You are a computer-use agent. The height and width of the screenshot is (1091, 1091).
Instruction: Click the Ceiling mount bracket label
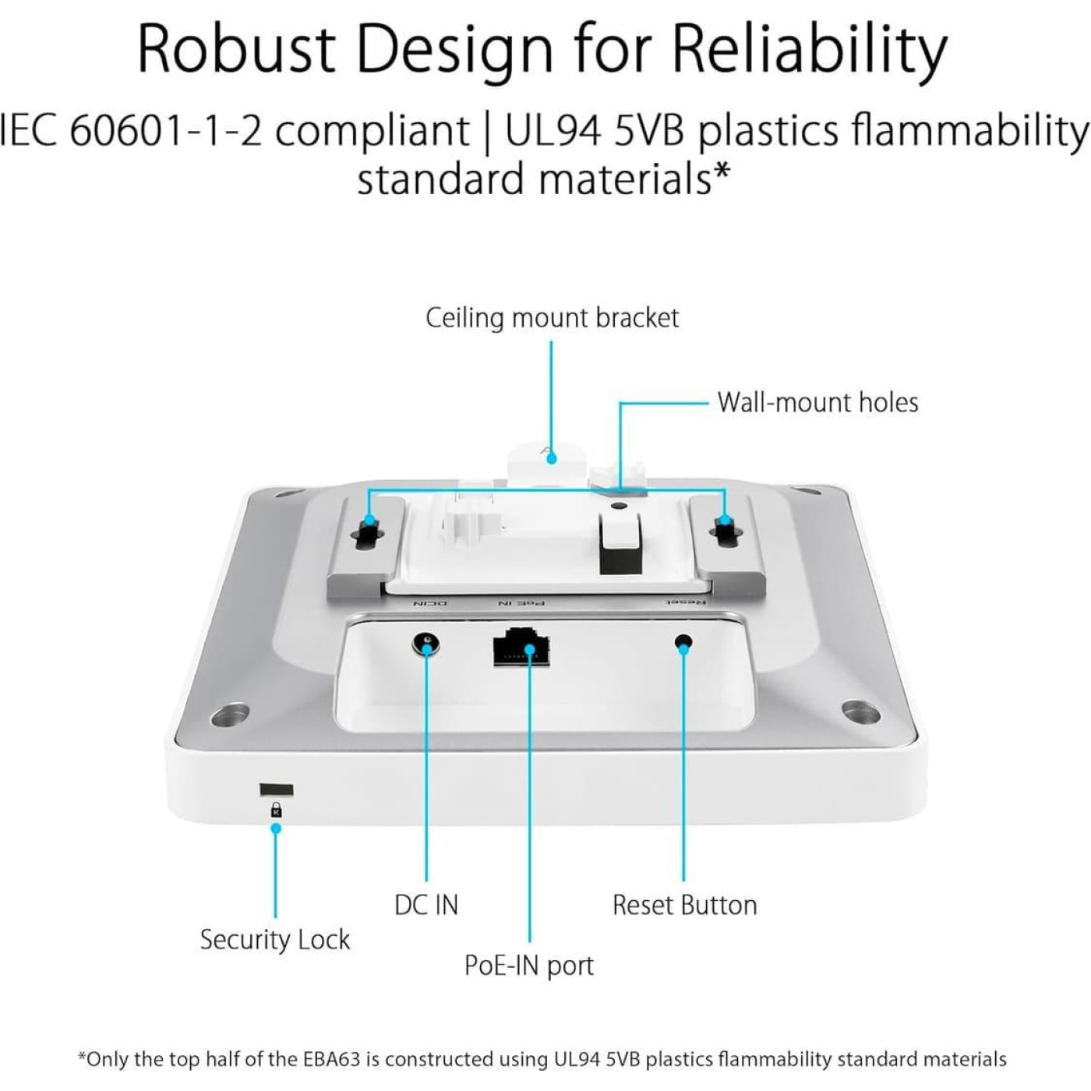click(552, 318)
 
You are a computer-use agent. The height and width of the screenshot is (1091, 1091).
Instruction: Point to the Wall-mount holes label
click(817, 402)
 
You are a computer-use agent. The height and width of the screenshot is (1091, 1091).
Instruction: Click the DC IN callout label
click(426, 905)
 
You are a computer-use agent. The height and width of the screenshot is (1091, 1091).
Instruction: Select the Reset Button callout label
click(684, 905)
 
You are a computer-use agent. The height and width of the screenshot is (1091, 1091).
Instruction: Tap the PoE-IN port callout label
click(528, 966)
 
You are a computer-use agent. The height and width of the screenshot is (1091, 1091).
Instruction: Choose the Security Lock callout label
click(274, 940)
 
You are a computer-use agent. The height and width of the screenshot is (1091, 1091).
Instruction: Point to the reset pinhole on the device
click(683, 643)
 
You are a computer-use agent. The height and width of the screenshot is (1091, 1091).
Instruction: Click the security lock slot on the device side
click(276, 790)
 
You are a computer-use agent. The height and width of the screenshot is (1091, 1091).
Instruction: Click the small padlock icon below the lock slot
click(276, 810)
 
